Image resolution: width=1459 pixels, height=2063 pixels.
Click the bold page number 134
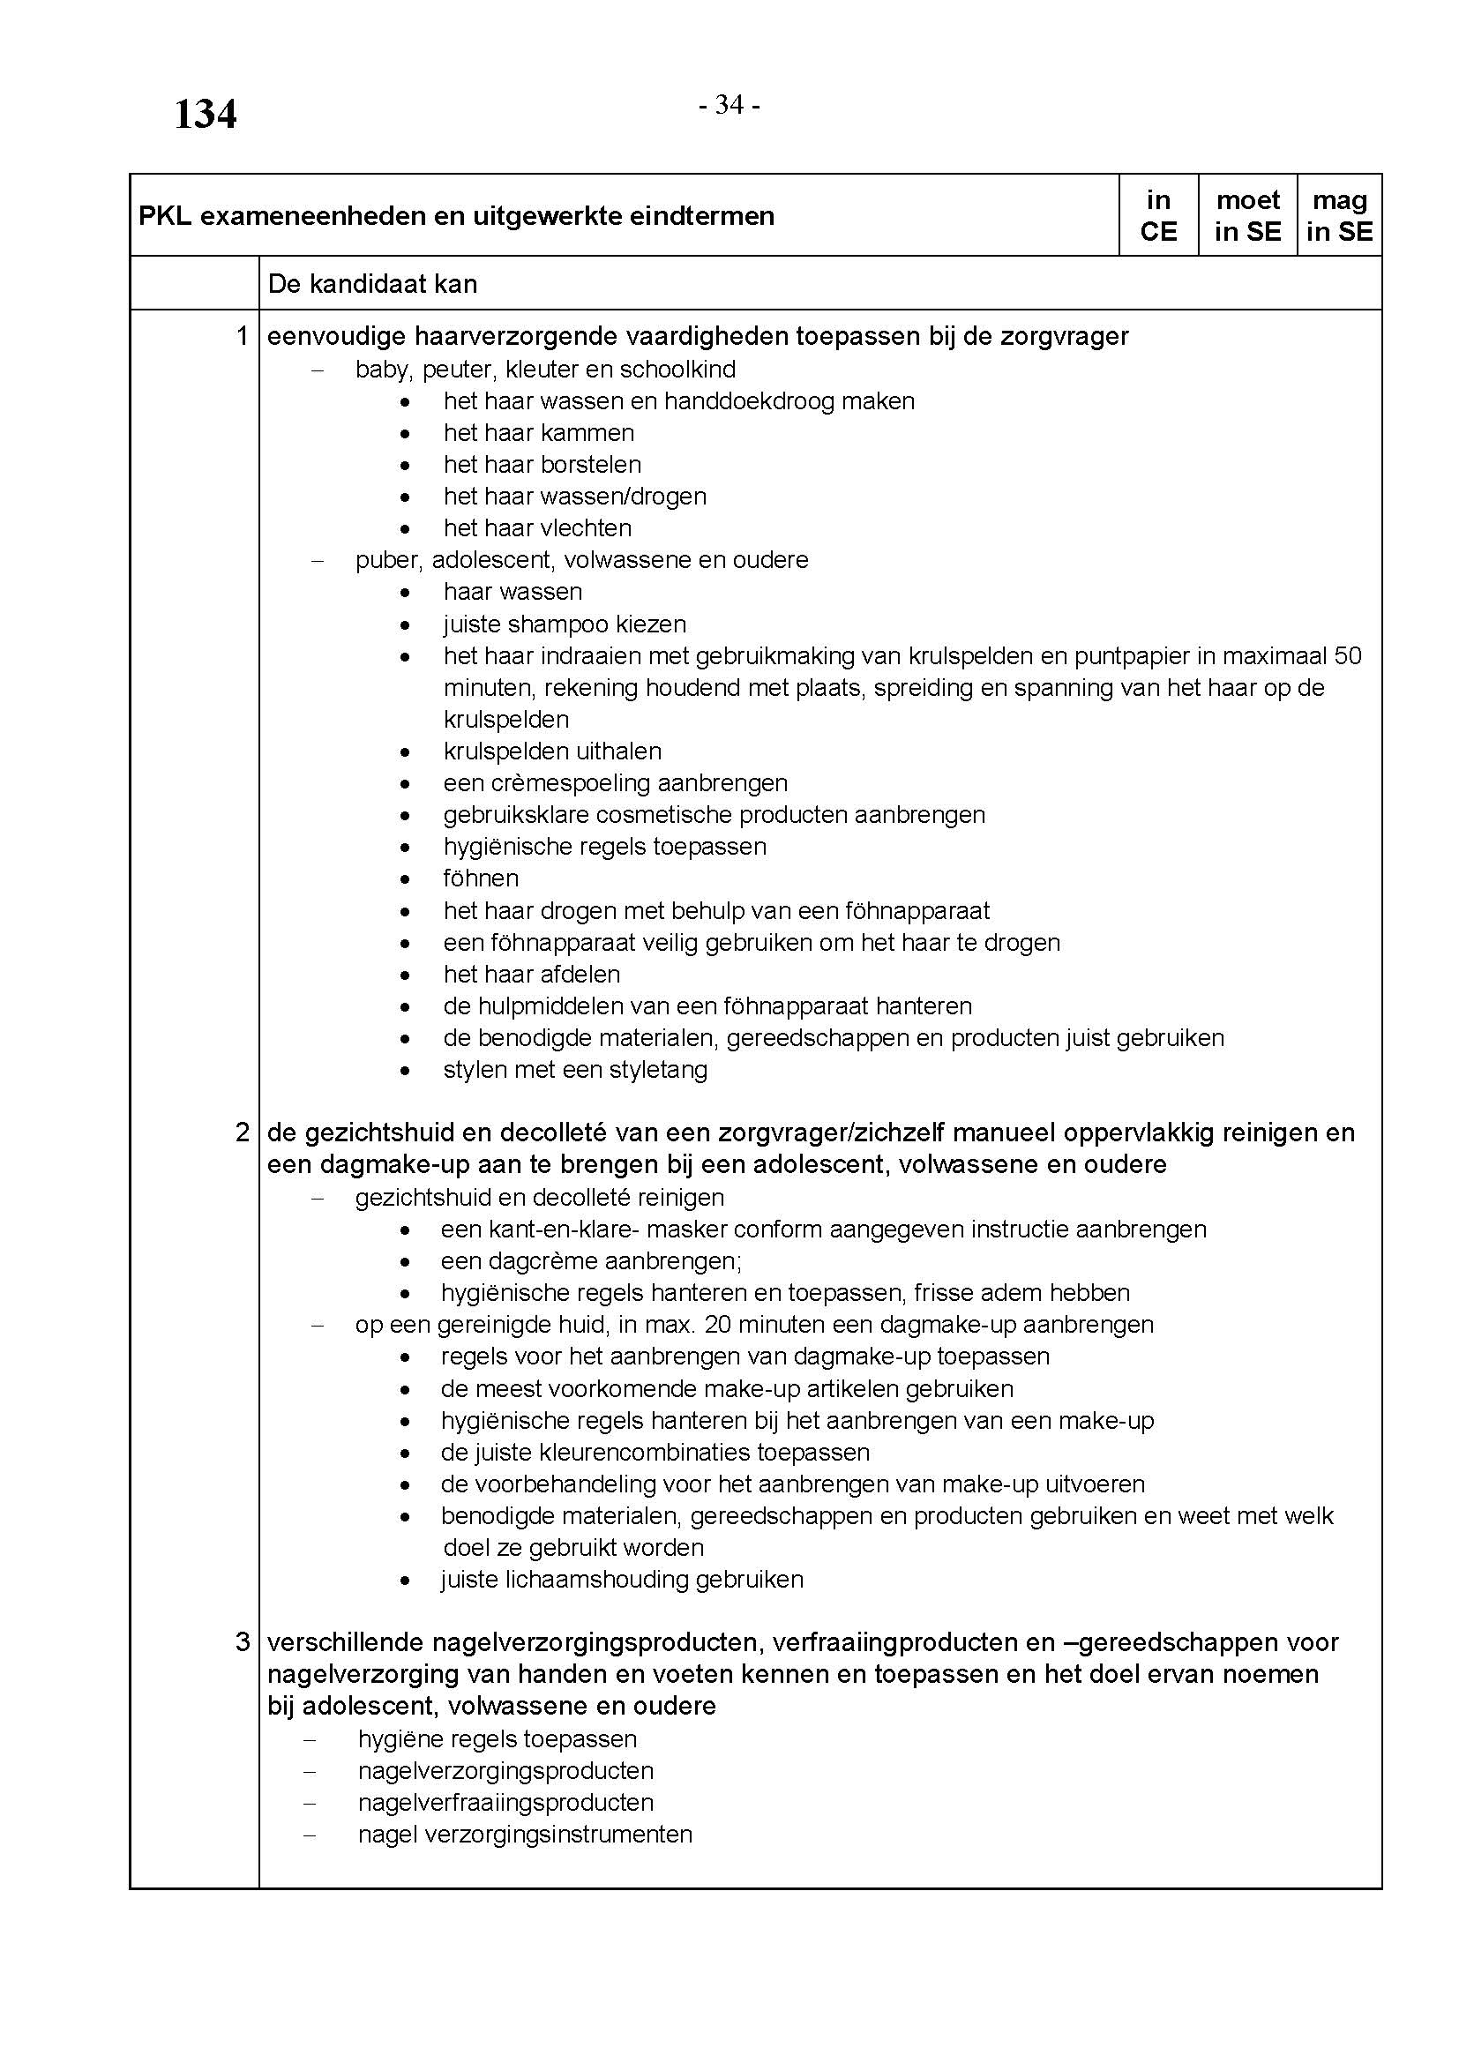205,115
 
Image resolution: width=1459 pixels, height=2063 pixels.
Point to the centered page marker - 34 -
729,106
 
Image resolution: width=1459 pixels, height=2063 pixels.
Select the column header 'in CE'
1158,215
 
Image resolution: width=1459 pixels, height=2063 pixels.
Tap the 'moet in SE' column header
1247,215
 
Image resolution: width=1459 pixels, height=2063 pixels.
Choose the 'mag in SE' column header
1340,215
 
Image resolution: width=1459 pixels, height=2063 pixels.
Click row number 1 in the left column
242,336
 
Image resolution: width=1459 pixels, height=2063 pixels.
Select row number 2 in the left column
242,1132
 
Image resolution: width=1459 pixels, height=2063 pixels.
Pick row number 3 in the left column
242,1642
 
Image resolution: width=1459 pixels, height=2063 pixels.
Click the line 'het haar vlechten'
537,528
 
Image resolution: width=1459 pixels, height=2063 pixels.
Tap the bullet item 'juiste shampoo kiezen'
565,624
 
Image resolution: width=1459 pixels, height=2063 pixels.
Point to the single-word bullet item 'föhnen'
481,878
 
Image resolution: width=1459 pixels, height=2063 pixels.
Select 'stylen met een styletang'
575,1070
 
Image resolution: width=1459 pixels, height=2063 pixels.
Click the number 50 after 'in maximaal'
1348,656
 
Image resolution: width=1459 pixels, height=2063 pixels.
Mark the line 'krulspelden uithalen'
551,751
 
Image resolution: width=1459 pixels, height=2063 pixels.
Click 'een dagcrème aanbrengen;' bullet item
590,1261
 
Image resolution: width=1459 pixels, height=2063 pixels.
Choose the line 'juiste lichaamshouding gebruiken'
622,1580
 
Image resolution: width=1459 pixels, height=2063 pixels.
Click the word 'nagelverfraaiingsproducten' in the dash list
505,1803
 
